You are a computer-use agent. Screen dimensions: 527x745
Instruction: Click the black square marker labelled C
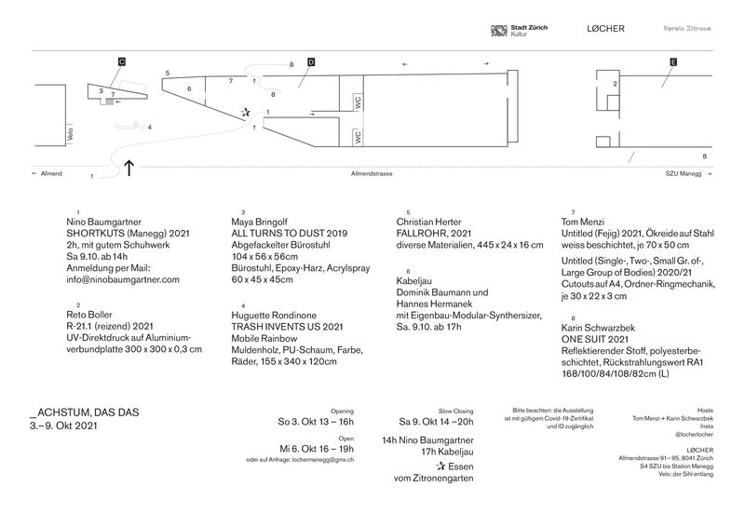click(x=122, y=61)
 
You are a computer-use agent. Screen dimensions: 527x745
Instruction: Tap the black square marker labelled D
click(x=311, y=61)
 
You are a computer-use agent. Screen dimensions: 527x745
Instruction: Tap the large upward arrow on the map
click(x=129, y=167)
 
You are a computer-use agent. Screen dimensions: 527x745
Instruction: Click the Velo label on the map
click(x=70, y=136)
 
